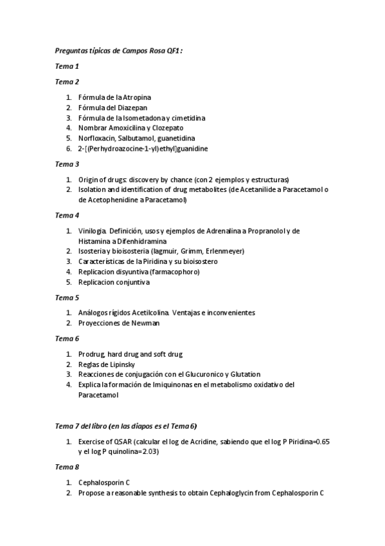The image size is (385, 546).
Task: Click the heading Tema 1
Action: tap(67, 66)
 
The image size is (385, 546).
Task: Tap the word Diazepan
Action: tap(138, 108)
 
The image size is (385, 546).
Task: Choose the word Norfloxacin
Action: tap(96, 138)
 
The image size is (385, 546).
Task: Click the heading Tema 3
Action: tap(67, 164)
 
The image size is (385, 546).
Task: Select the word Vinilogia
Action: tap(93, 231)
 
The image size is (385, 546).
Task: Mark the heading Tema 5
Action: tap(67, 297)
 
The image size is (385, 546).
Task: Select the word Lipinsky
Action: tap(117, 364)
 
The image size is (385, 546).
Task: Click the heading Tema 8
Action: tap(67, 467)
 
